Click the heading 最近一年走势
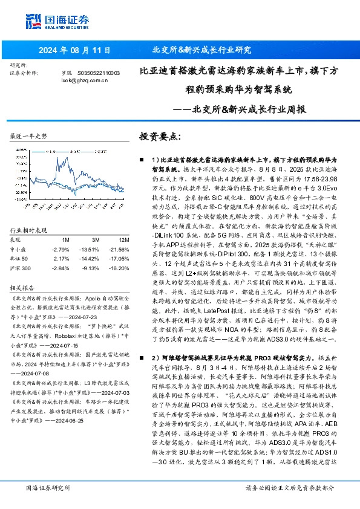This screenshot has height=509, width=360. point(29,137)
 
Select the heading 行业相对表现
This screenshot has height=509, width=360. point(29,230)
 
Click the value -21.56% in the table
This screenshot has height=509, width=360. point(119,248)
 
